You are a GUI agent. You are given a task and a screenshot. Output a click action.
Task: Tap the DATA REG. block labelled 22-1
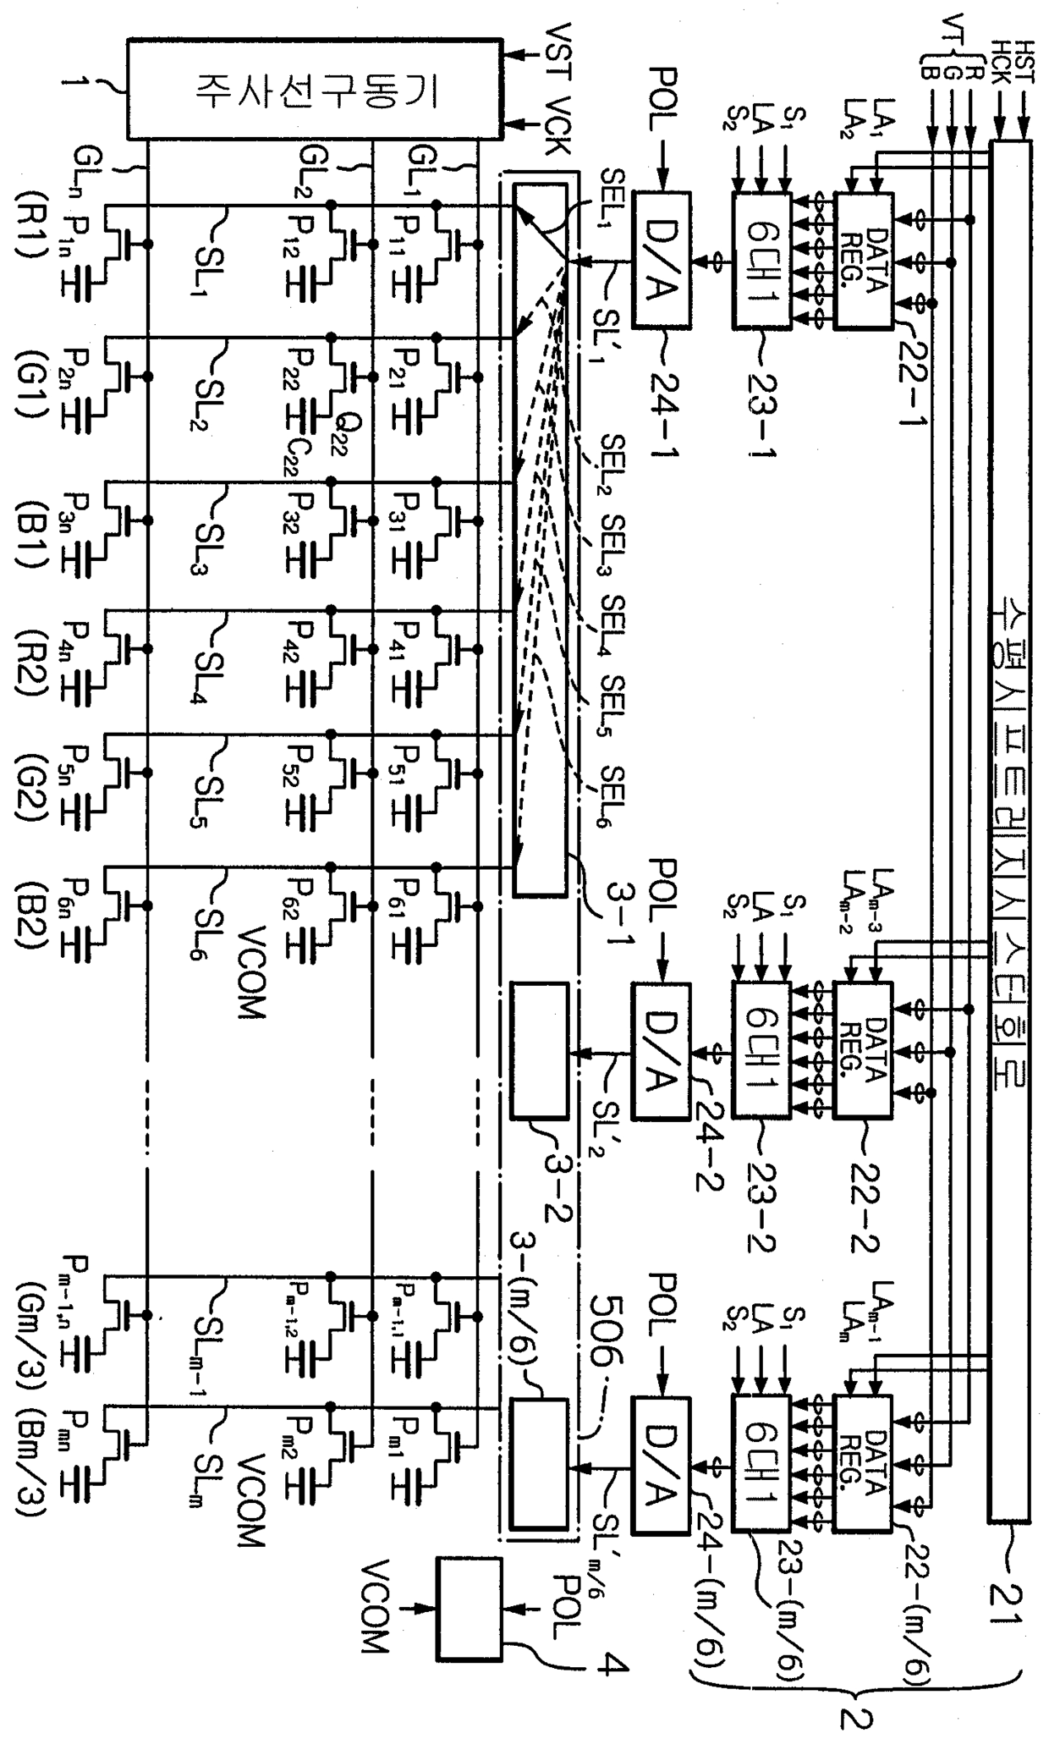pyautogui.click(x=863, y=260)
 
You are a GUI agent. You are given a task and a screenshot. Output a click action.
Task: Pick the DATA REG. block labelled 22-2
pyautogui.click(x=863, y=1049)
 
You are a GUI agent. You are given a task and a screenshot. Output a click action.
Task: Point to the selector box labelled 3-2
pyautogui.click(x=540, y=1049)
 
